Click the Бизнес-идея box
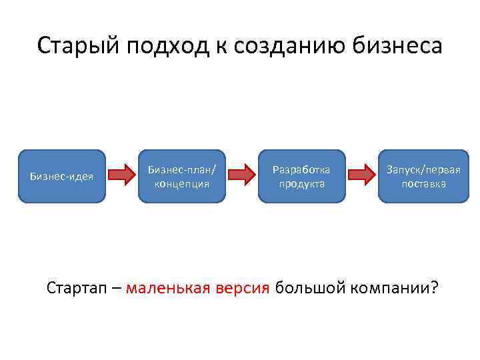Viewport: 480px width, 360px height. [x=61, y=176]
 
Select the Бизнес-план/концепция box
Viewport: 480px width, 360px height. [x=182, y=176]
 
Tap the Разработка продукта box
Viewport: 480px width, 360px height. [x=302, y=176]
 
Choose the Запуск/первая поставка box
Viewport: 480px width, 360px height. [x=423, y=176]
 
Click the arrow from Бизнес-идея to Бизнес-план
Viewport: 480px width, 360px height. [x=121, y=176]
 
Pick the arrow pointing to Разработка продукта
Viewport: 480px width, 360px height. [x=241, y=176]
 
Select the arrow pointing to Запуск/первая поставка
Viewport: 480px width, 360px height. [x=362, y=176]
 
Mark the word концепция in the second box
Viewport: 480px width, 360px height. [x=182, y=183]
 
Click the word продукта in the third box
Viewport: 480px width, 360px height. [x=302, y=183]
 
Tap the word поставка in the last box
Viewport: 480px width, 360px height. [x=423, y=183]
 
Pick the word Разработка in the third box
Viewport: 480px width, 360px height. [x=302, y=169]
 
